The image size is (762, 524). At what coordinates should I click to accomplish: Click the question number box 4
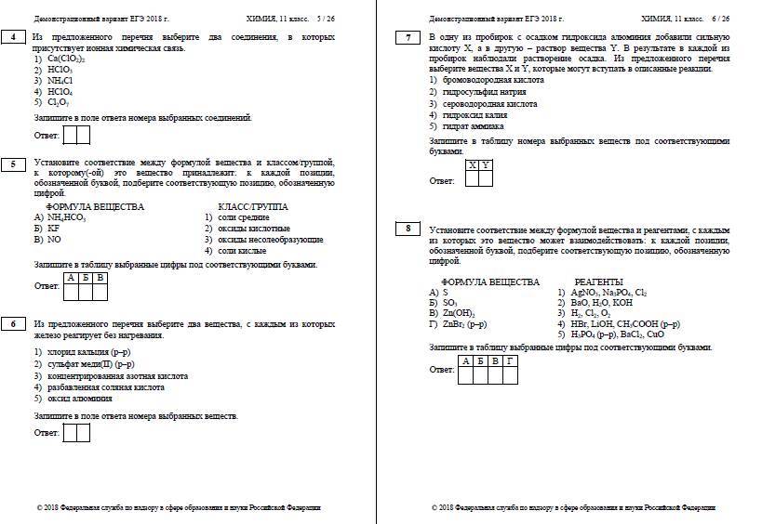[14, 36]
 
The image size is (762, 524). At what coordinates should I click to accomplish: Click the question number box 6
[14, 323]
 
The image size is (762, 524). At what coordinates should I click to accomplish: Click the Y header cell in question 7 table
[486, 164]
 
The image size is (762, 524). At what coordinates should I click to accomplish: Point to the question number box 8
[408, 228]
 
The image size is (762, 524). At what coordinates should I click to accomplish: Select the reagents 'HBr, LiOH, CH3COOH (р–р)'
[625, 324]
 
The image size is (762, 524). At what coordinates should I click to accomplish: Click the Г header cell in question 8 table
[509, 360]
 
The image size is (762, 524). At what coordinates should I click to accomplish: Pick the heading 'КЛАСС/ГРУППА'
[252, 206]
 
